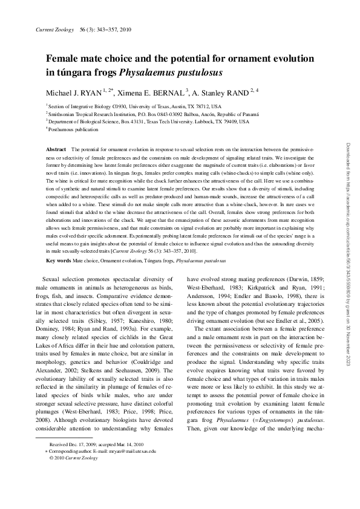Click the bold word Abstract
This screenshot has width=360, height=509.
pyautogui.click(x=56, y=149)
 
